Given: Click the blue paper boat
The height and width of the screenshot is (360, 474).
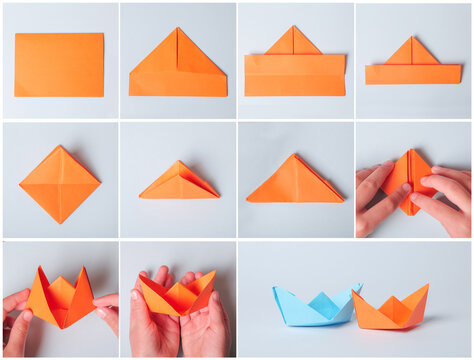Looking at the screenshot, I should tap(314, 308).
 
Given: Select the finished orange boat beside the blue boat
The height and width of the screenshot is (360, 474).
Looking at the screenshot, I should tap(390, 311).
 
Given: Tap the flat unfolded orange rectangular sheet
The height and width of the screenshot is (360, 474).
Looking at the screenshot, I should tap(59, 64).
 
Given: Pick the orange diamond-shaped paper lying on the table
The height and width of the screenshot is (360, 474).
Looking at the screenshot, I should tap(60, 184).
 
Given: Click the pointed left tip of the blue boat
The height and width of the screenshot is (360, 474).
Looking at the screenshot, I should tap(275, 290).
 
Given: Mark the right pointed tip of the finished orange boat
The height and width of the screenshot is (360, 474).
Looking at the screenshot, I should tap(427, 286).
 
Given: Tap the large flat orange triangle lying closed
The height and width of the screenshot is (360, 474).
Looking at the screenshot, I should tap(295, 183).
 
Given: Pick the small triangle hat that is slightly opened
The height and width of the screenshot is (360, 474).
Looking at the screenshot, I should tap(177, 183).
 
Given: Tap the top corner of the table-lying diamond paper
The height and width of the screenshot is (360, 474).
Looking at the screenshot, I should tap(61, 147).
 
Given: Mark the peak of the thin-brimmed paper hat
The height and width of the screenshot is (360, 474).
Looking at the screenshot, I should tap(412, 38).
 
